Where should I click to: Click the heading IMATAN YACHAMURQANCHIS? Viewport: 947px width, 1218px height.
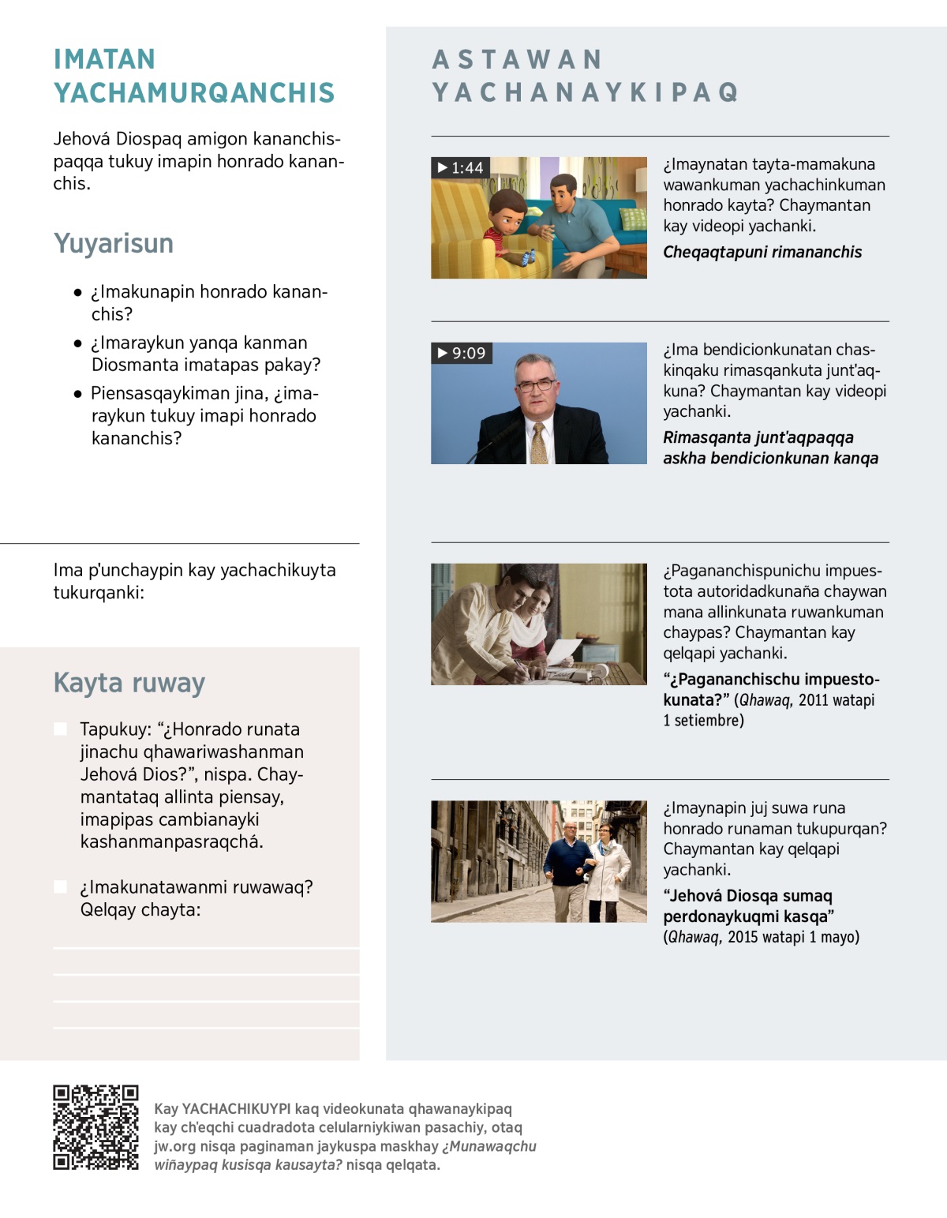click(x=194, y=76)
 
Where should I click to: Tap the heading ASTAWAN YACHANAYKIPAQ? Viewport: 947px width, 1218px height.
click(x=585, y=76)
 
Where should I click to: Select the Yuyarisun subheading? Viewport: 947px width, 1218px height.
click(x=114, y=243)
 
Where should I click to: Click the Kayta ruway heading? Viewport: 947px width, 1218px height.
click(x=129, y=683)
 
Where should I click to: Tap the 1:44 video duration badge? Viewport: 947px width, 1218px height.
click(x=461, y=167)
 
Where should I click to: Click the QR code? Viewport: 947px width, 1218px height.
click(x=95, y=1127)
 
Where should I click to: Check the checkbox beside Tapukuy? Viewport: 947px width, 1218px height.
click(x=60, y=729)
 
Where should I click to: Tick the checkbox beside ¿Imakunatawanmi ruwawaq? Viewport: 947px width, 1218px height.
click(x=60, y=886)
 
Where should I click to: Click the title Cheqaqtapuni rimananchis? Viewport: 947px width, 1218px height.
click(x=762, y=252)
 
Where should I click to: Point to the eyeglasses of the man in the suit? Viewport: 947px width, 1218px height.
click(x=537, y=385)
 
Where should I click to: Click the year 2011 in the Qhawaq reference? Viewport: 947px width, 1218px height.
click(x=815, y=700)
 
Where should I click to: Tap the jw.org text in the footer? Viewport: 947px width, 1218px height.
click(x=174, y=1146)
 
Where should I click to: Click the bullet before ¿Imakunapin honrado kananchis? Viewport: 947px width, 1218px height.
click(x=77, y=292)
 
